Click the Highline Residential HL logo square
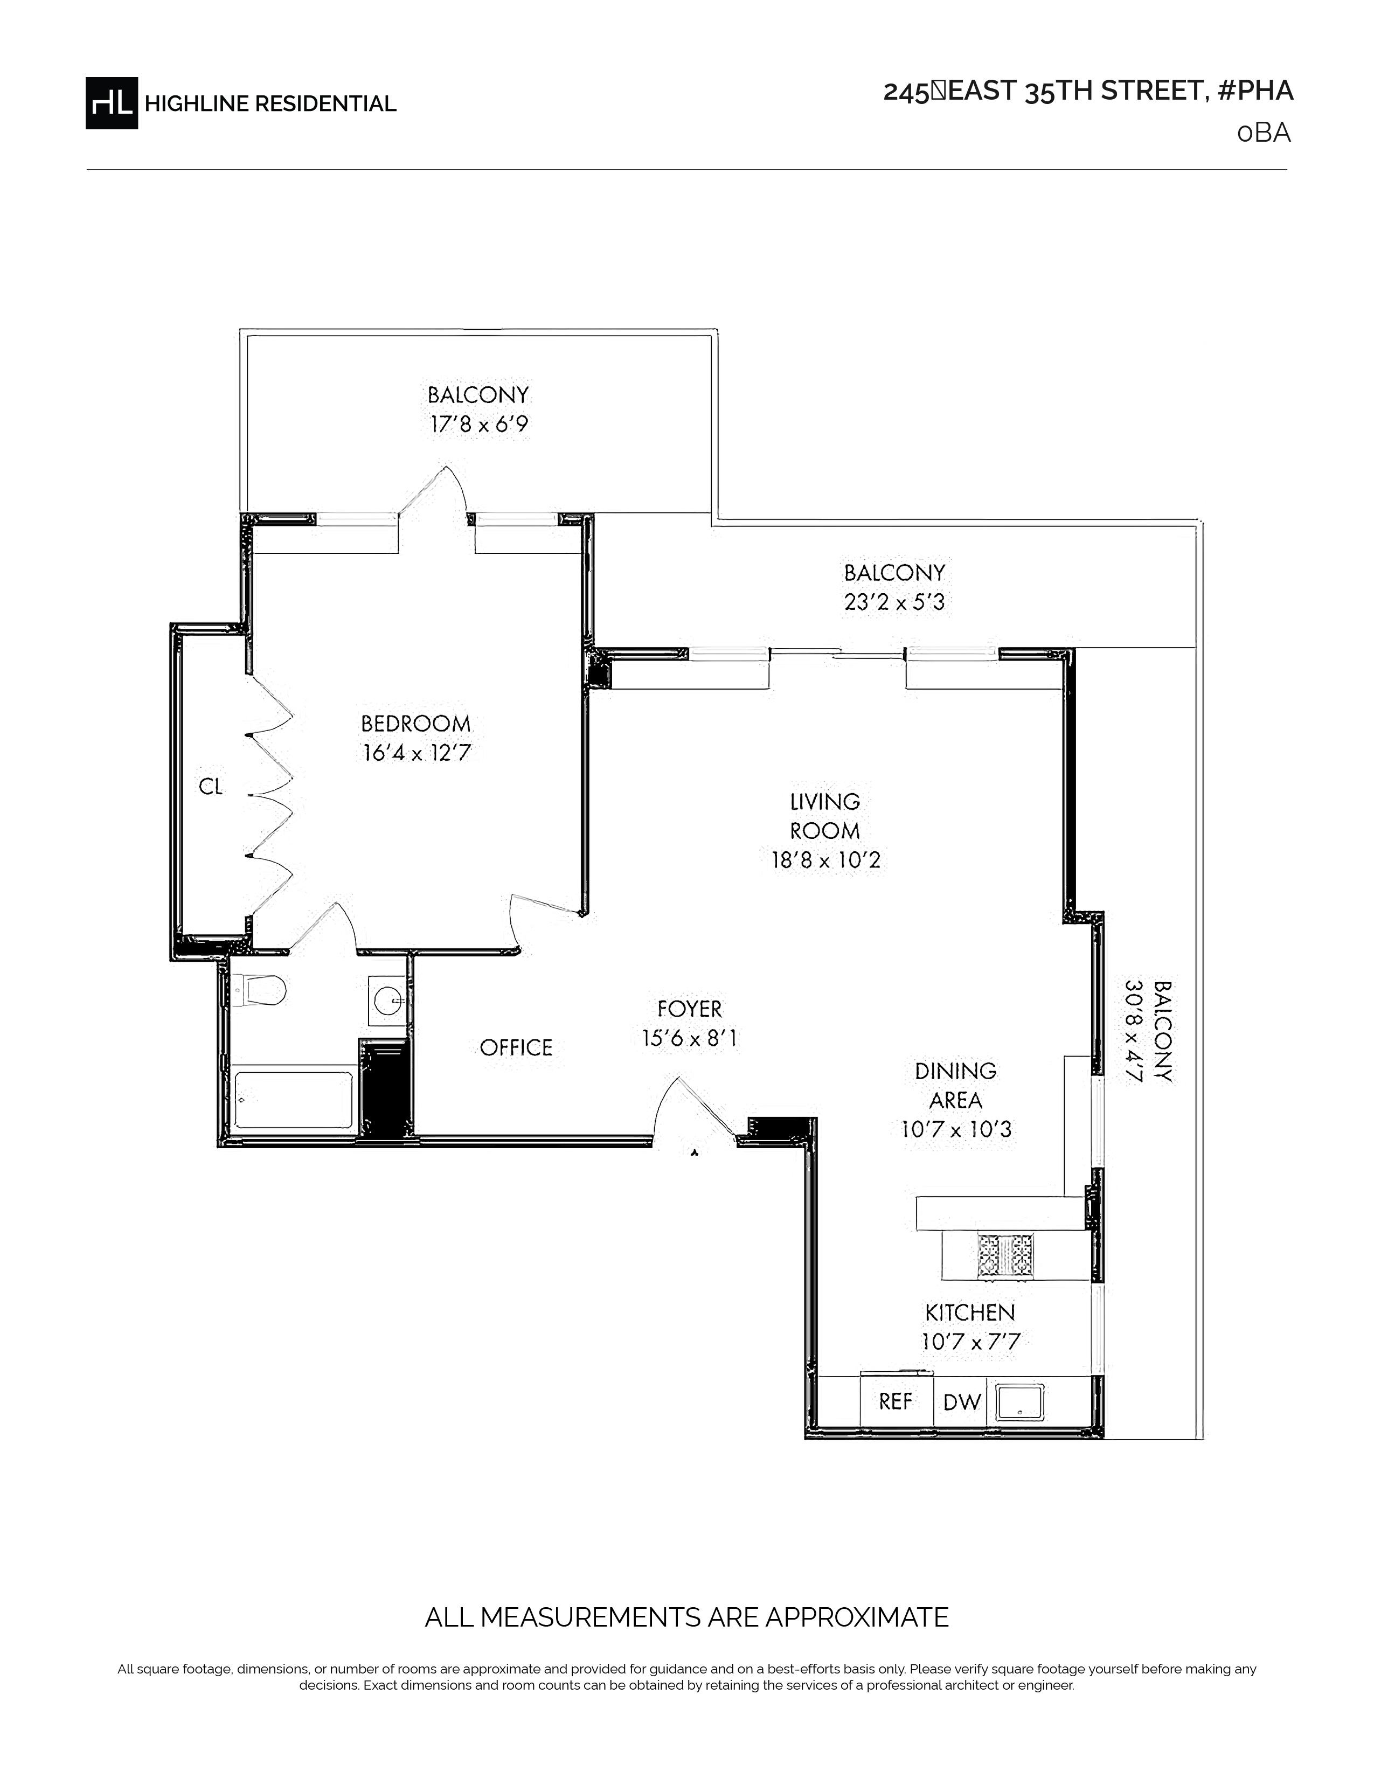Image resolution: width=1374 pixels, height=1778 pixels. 112,102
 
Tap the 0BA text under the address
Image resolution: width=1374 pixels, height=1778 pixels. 1264,133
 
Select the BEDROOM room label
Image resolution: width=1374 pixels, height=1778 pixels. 416,723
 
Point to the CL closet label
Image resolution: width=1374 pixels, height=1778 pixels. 211,787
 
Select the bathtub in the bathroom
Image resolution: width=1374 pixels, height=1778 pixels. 293,1100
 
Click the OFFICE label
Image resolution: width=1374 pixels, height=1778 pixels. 516,1048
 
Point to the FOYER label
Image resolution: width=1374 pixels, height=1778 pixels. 690,1010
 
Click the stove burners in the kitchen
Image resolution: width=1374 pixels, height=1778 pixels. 1005,1254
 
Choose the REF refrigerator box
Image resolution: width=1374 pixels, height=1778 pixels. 896,1402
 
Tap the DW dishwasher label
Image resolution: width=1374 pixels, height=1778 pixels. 962,1402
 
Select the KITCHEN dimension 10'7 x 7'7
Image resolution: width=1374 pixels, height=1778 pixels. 970,1342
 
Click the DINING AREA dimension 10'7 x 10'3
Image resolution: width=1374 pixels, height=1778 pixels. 956,1130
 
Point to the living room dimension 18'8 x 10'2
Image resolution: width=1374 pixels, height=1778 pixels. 825,860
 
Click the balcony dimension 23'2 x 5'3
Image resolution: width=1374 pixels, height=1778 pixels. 894,602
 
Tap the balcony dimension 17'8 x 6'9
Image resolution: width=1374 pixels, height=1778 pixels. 478,424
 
